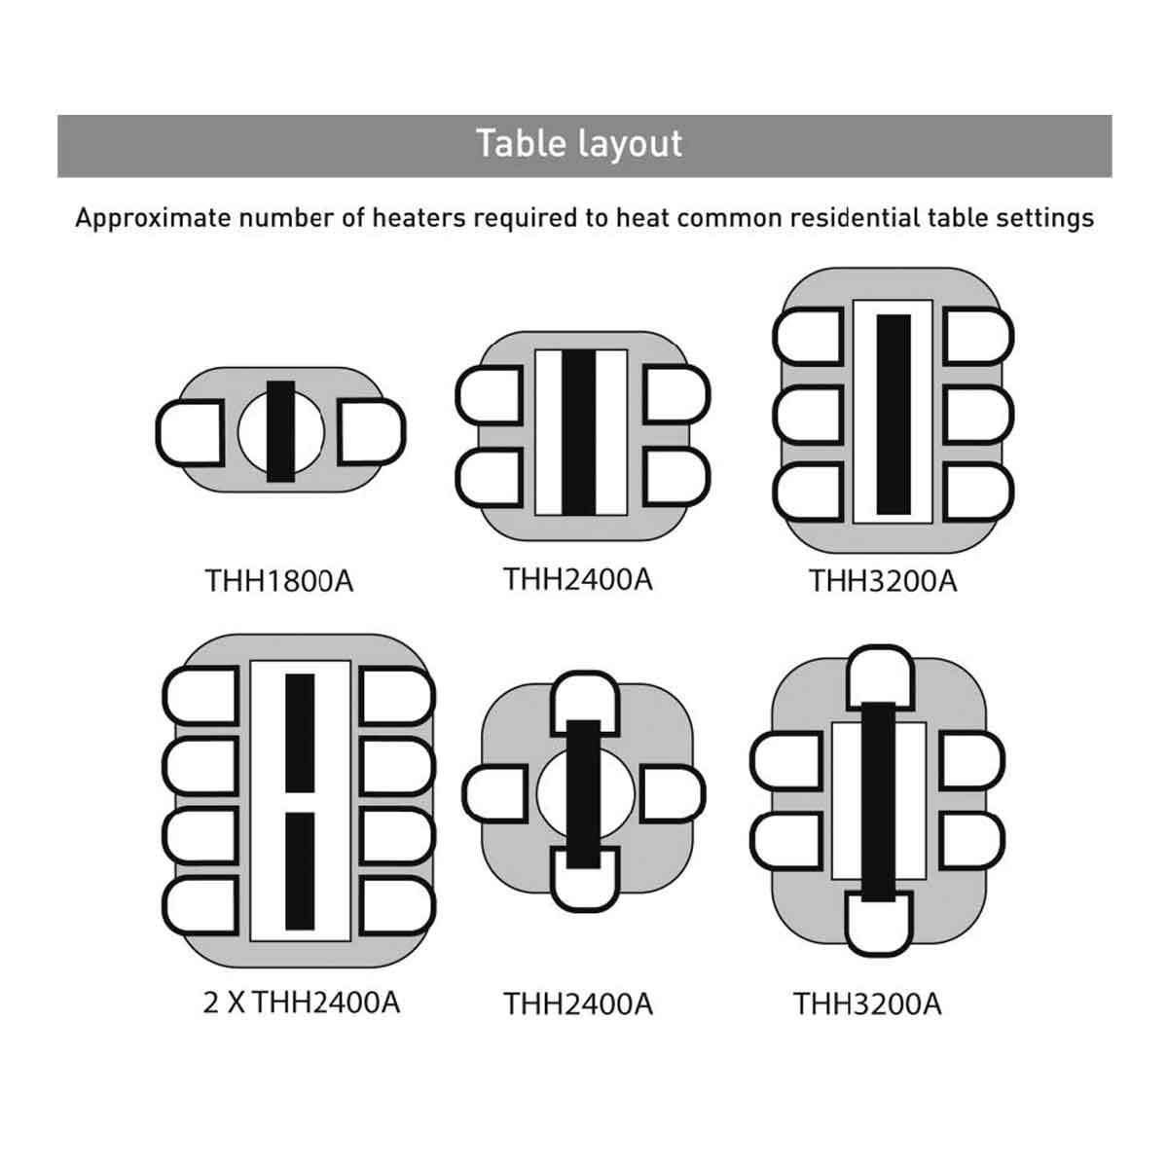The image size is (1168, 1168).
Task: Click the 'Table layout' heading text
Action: point(580,144)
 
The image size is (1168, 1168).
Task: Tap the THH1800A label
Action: point(279,581)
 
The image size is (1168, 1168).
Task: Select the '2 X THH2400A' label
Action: point(302,1003)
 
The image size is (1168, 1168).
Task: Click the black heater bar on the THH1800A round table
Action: point(280,431)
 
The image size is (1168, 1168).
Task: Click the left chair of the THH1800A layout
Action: point(195,431)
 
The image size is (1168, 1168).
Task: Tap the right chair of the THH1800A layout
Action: point(372,431)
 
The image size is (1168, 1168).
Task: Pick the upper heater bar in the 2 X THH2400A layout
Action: point(300,732)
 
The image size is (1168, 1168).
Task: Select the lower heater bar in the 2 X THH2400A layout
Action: point(300,870)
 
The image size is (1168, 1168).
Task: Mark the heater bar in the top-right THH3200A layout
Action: point(894,414)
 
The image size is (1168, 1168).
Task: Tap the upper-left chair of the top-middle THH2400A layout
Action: point(493,394)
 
